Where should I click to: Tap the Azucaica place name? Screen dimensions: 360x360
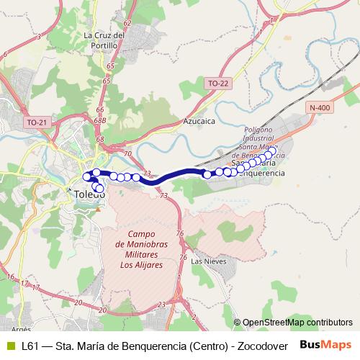[199, 122]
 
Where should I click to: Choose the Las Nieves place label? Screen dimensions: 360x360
[209, 261]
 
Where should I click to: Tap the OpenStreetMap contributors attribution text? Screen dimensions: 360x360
[297, 323]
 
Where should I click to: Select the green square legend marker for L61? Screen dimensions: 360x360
[9, 346]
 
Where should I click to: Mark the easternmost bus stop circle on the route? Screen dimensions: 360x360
[271, 151]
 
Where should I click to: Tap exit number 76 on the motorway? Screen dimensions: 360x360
[180, 234]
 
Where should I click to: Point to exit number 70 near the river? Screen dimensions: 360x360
[127, 153]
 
